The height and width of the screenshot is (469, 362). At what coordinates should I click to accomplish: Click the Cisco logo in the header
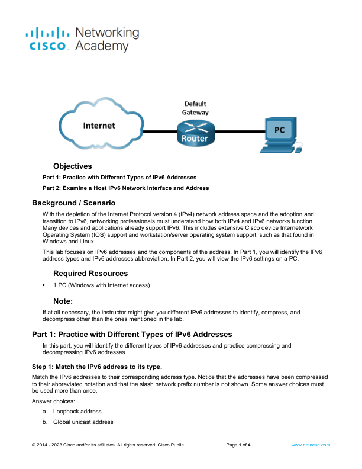[x=47, y=39]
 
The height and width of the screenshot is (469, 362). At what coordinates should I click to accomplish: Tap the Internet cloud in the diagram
[x=101, y=124]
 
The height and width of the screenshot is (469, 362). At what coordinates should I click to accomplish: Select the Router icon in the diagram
[x=196, y=133]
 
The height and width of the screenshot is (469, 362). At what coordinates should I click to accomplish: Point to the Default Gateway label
[x=195, y=108]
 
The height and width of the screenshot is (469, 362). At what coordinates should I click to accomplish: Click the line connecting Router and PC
[x=240, y=131]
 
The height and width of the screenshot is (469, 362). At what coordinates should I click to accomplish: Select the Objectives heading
[x=73, y=166]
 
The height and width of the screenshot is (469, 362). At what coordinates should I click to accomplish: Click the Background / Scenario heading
[x=74, y=203]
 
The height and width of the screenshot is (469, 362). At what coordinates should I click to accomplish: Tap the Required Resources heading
[x=90, y=274]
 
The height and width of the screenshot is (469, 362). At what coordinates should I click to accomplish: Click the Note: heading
[x=63, y=301]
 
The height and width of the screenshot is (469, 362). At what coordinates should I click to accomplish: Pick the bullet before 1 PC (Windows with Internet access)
[x=44, y=285]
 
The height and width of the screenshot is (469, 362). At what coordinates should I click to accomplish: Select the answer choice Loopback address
[x=77, y=412]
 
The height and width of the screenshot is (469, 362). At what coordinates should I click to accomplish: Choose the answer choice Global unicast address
[x=83, y=422]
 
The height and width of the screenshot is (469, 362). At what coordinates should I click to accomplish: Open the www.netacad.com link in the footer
[x=311, y=445]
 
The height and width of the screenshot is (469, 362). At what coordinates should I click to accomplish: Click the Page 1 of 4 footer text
[x=238, y=445]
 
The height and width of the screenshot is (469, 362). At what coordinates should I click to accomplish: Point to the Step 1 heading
[x=97, y=367]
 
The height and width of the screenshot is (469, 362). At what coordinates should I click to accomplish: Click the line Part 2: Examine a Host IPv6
[x=126, y=188]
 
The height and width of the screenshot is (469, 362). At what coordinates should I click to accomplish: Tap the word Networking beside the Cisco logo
[x=107, y=33]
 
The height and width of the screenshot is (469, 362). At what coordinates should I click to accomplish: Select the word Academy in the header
[x=102, y=46]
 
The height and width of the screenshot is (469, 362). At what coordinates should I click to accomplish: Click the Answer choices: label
[x=53, y=401]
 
